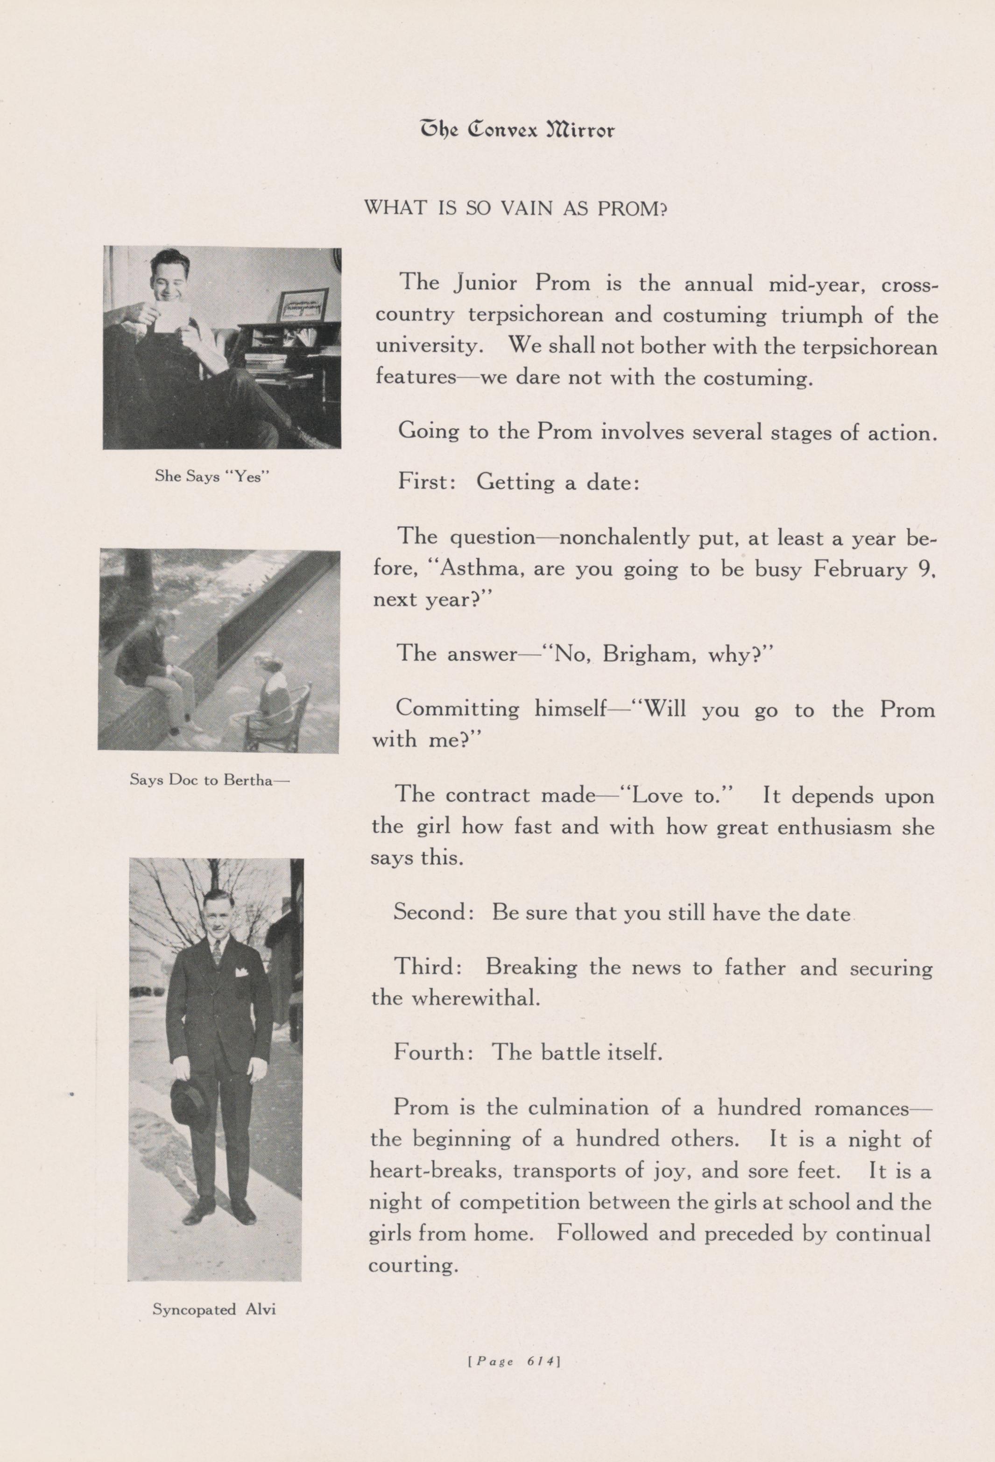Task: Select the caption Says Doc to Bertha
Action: tap(210, 780)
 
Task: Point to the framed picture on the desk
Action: tap(304, 305)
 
